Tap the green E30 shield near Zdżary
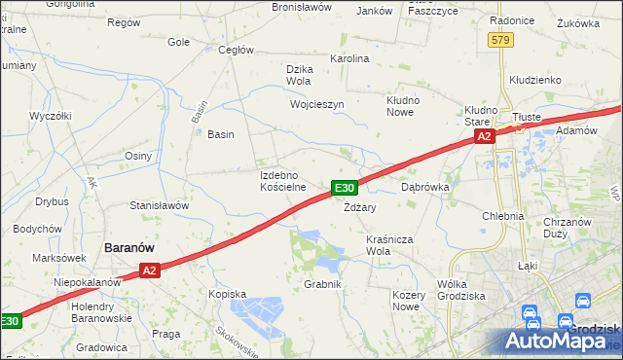pyautogui.click(x=345, y=188)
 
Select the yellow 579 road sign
pyautogui.click(x=500, y=40)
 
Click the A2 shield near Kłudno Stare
pyautogui.click(x=485, y=138)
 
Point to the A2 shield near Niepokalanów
pyautogui.click(x=148, y=271)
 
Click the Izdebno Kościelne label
pyautogui.click(x=283, y=181)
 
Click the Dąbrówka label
pyautogui.click(x=424, y=186)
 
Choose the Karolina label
pyautogui.click(x=350, y=59)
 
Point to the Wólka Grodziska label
pyautogui.click(x=461, y=290)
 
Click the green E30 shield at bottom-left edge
pyautogui.click(x=9, y=321)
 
